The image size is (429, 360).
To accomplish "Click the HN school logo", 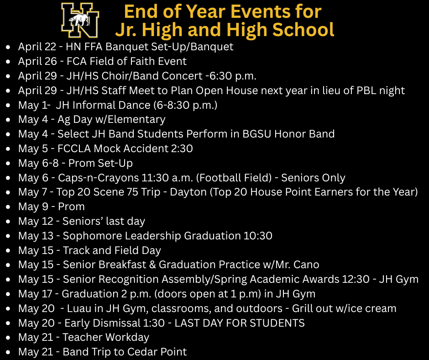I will click(80, 20).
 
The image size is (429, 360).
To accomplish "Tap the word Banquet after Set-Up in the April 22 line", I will click(215, 47).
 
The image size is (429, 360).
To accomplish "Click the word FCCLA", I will click(74, 148).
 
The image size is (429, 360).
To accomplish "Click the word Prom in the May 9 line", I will click(71, 207).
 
